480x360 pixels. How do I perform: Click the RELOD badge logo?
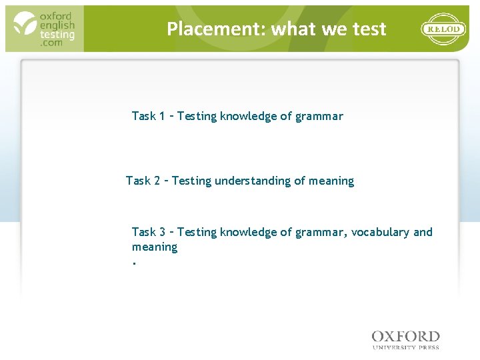pos(444,29)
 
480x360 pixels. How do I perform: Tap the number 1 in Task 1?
pos(162,116)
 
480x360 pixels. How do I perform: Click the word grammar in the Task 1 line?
pos(319,116)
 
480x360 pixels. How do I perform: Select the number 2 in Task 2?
pos(156,181)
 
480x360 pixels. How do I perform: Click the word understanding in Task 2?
pos(253,181)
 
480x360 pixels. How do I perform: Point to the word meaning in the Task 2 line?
pos(331,181)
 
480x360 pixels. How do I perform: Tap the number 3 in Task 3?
pos(162,232)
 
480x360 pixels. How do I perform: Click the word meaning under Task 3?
pos(155,247)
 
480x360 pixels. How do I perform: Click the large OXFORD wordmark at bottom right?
pos(405,337)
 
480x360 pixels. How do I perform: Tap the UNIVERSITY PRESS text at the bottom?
pos(405,347)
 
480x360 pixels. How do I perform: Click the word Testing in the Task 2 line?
pos(192,181)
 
